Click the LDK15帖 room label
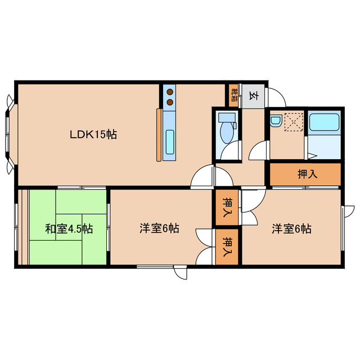(93, 135)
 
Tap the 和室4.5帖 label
(69, 229)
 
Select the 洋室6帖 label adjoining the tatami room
(159, 229)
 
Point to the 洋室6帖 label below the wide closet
(292, 229)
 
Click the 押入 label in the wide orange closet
(307, 174)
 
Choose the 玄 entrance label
(253, 96)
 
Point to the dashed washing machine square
(294, 122)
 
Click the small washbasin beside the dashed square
(276, 120)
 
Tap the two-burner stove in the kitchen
(169, 96)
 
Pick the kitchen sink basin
(170, 138)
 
